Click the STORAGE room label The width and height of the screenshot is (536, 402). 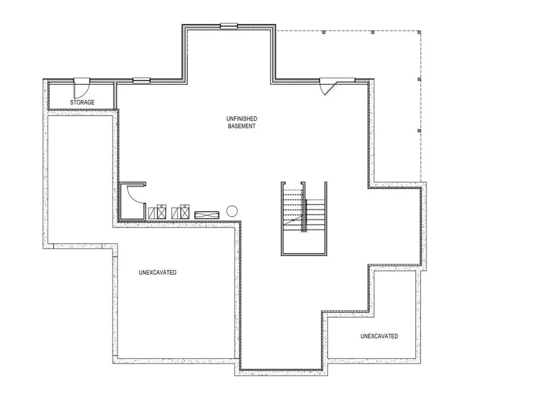pyautogui.click(x=82, y=102)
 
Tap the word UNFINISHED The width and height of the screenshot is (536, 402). pyautogui.click(x=242, y=119)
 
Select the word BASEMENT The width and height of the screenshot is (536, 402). pyautogui.click(x=242, y=126)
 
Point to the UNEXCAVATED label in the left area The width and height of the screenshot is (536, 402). pyautogui.click(x=158, y=273)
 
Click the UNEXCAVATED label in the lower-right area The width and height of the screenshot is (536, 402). pyautogui.click(x=379, y=336)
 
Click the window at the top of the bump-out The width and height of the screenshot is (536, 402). pyautogui.click(x=229, y=25)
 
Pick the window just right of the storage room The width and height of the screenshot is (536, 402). pyautogui.click(x=141, y=81)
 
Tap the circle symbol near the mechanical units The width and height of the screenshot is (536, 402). pyautogui.click(x=232, y=211)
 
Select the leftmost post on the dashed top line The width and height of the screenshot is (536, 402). pyautogui.click(x=324, y=32)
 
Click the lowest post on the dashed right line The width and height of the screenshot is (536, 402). pyautogui.click(x=419, y=130)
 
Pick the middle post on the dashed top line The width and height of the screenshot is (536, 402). pyautogui.click(x=372, y=32)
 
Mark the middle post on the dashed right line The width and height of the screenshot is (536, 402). pyautogui.click(x=419, y=79)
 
